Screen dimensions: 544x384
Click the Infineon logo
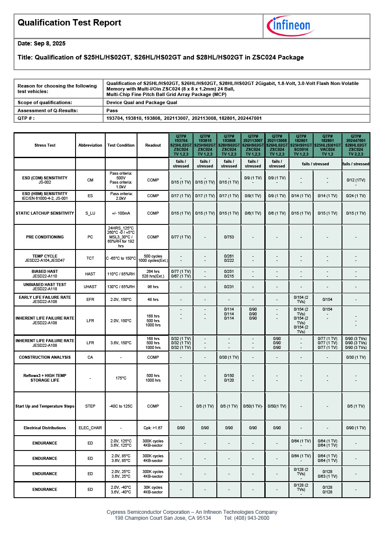291,26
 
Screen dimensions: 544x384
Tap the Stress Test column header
45,145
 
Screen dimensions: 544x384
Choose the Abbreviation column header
90,145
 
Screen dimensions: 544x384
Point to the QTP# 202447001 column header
356,145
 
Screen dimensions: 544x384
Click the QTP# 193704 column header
181,145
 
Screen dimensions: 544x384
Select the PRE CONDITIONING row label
45,237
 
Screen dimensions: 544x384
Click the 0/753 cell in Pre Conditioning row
229,237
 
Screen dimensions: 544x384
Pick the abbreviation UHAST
90,287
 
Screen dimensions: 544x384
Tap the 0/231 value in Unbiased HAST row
229,287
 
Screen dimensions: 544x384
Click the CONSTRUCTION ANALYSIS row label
45,357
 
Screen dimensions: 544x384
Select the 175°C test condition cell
121,378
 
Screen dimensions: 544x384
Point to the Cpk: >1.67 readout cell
153,428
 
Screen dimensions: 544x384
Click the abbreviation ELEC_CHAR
90,428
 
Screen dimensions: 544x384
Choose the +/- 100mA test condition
121,213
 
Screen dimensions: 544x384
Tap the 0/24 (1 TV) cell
356,196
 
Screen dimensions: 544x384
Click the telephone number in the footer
247,518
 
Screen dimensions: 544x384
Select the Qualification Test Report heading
70,23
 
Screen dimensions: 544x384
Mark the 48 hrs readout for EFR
153,300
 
